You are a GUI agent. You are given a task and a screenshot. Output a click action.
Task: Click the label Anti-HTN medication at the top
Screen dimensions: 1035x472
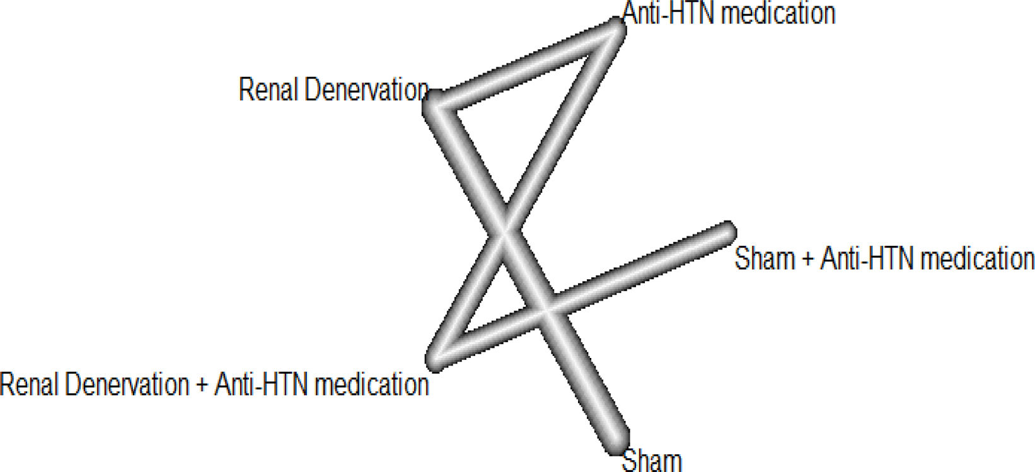[x=729, y=13]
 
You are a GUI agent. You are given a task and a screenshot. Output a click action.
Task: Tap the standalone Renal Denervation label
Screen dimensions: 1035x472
[x=333, y=90]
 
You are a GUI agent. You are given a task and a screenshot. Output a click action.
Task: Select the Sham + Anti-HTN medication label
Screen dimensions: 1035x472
[x=884, y=258]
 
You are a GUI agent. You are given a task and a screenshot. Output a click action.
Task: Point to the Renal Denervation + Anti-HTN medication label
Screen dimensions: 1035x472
[x=214, y=384]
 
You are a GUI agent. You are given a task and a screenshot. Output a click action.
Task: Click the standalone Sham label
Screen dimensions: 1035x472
[x=652, y=461]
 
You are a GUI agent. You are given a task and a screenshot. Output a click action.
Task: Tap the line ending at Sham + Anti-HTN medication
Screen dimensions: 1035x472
[x=637, y=267]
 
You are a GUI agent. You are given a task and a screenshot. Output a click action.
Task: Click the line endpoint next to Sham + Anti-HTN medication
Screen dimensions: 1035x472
[x=727, y=231]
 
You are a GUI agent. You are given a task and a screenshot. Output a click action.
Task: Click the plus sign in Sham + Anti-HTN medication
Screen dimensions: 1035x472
[x=807, y=259]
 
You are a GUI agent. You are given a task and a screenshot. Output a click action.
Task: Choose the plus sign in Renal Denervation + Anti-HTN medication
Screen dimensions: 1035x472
[x=202, y=384]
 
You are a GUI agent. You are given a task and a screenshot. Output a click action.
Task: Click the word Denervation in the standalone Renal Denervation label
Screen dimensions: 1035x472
[x=366, y=90]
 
